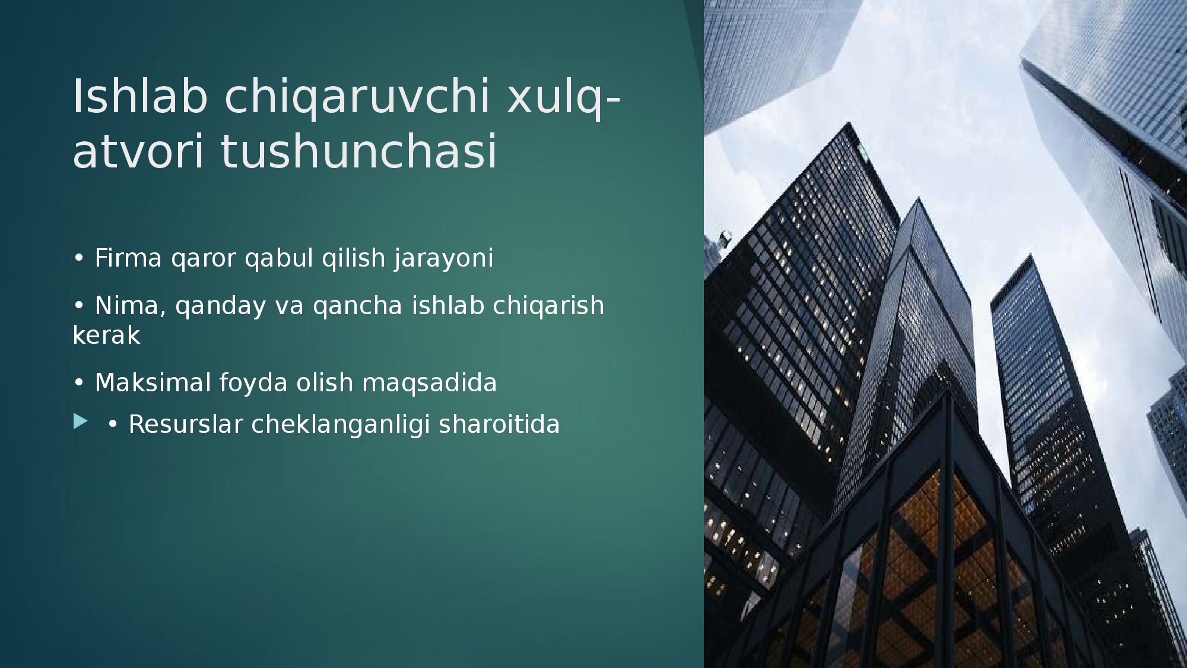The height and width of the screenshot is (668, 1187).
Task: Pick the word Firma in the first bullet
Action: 128,258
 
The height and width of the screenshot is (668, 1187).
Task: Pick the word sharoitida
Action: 499,425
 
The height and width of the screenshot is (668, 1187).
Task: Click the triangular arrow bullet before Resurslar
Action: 80,422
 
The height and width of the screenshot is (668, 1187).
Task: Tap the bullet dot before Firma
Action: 78,259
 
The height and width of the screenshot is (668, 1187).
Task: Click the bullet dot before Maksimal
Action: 78,384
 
